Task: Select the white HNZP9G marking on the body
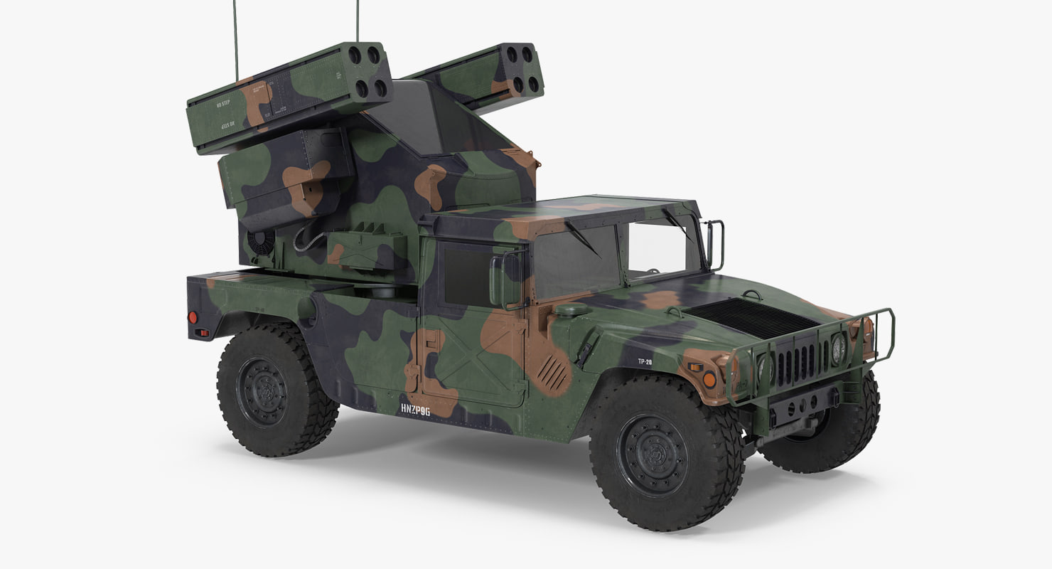click(415, 410)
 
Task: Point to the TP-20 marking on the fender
click(644, 361)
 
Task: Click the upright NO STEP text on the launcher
click(223, 104)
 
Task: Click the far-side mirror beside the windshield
click(716, 245)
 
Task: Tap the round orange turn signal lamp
click(709, 380)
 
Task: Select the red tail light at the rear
click(193, 317)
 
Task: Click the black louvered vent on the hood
click(753, 317)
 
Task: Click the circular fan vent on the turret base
click(261, 241)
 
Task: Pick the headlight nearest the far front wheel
click(839, 348)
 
